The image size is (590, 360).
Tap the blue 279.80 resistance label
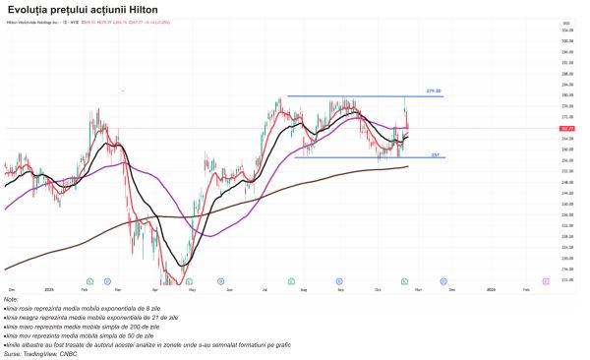[x=433, y=91]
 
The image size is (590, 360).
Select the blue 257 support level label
[x=435, y=154]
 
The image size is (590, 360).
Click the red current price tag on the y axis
[x=566, y=128]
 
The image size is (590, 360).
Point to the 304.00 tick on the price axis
[x=566, y=30]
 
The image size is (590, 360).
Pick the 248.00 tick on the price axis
[x=566, y=182]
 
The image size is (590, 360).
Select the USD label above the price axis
[x=565, y=22]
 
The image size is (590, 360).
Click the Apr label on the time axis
[x=155, y=289]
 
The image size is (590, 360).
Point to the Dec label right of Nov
[x=451, y=289]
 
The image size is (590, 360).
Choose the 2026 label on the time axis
[x=491, y=289]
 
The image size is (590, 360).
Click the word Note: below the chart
[x=11, y=299]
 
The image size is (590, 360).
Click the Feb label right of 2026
[x=525, y=289]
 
